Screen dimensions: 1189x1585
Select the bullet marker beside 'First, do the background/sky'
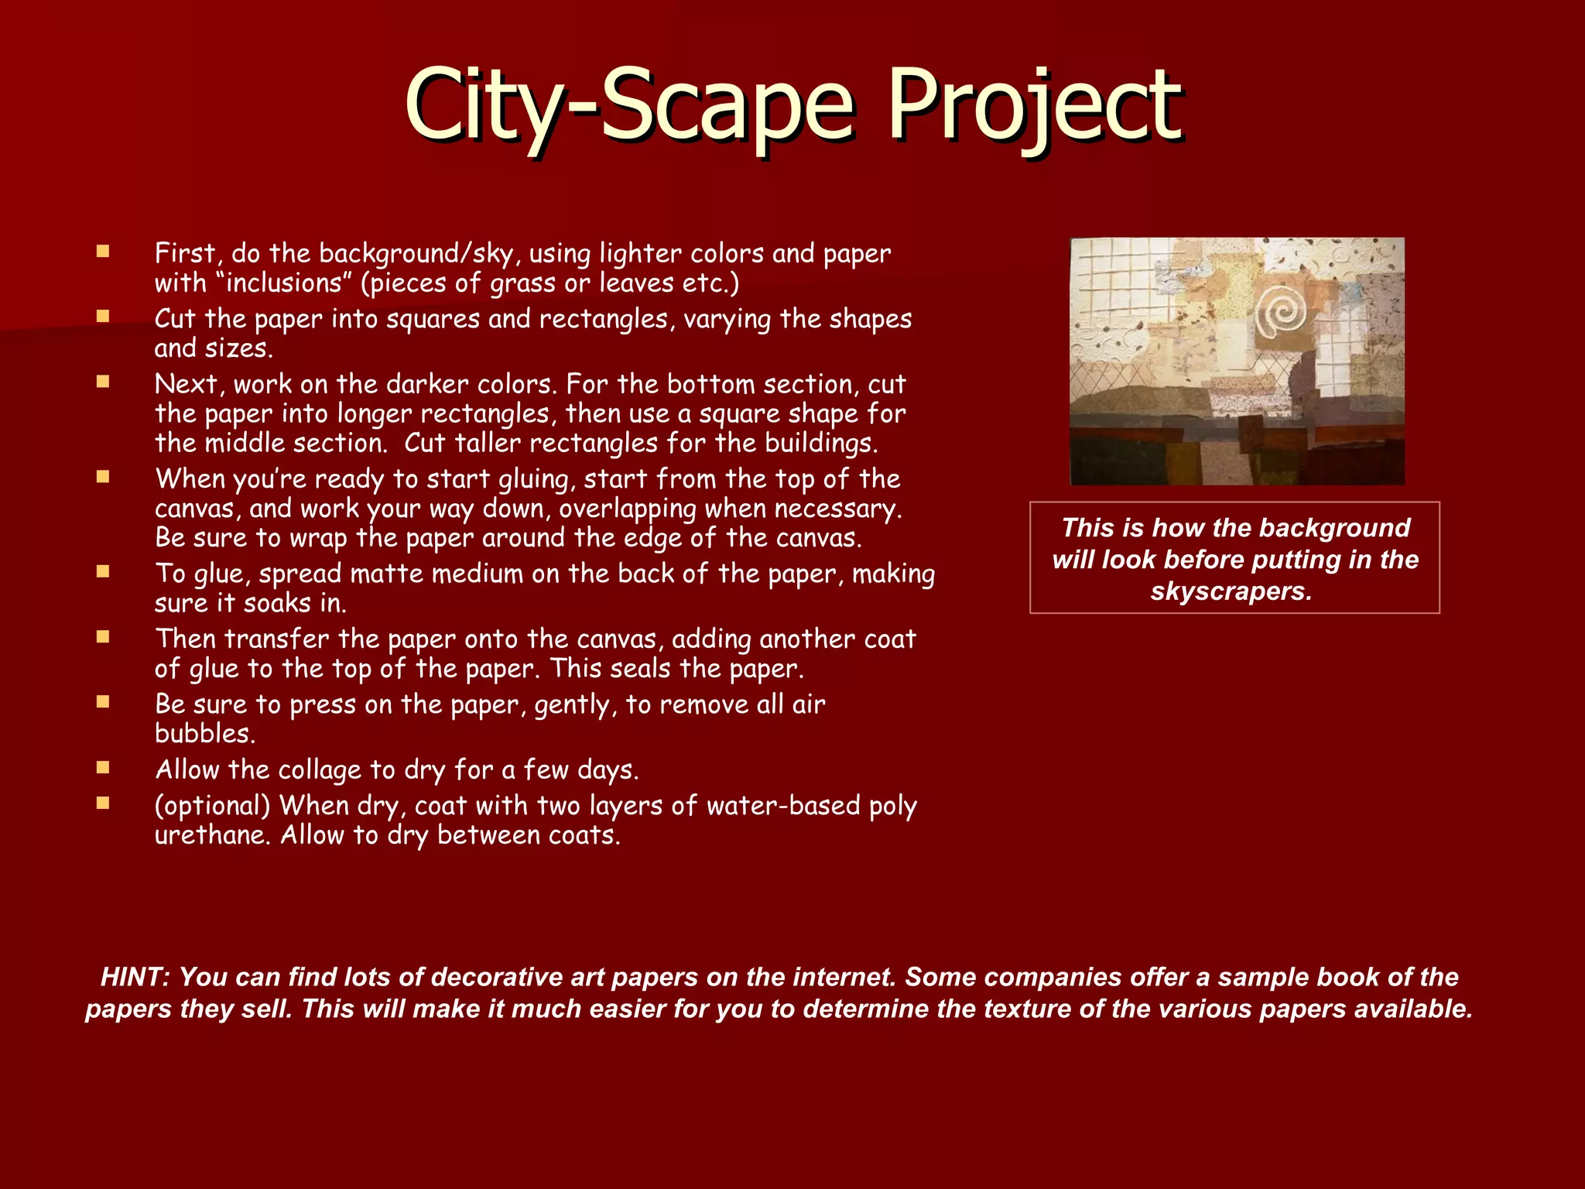tap(103, 252)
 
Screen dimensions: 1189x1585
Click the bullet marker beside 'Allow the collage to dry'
tap(103, 768)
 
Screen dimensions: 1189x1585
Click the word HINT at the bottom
tap(135, 977)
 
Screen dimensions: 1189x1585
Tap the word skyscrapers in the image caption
tap(1231, 591)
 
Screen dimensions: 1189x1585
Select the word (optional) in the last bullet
tap(212, 806)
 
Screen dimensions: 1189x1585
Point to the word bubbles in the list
tap(204, 733)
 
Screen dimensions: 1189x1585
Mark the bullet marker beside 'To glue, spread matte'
tap(103, 572)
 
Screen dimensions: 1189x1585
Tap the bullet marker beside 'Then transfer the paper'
tap(103, 637)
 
